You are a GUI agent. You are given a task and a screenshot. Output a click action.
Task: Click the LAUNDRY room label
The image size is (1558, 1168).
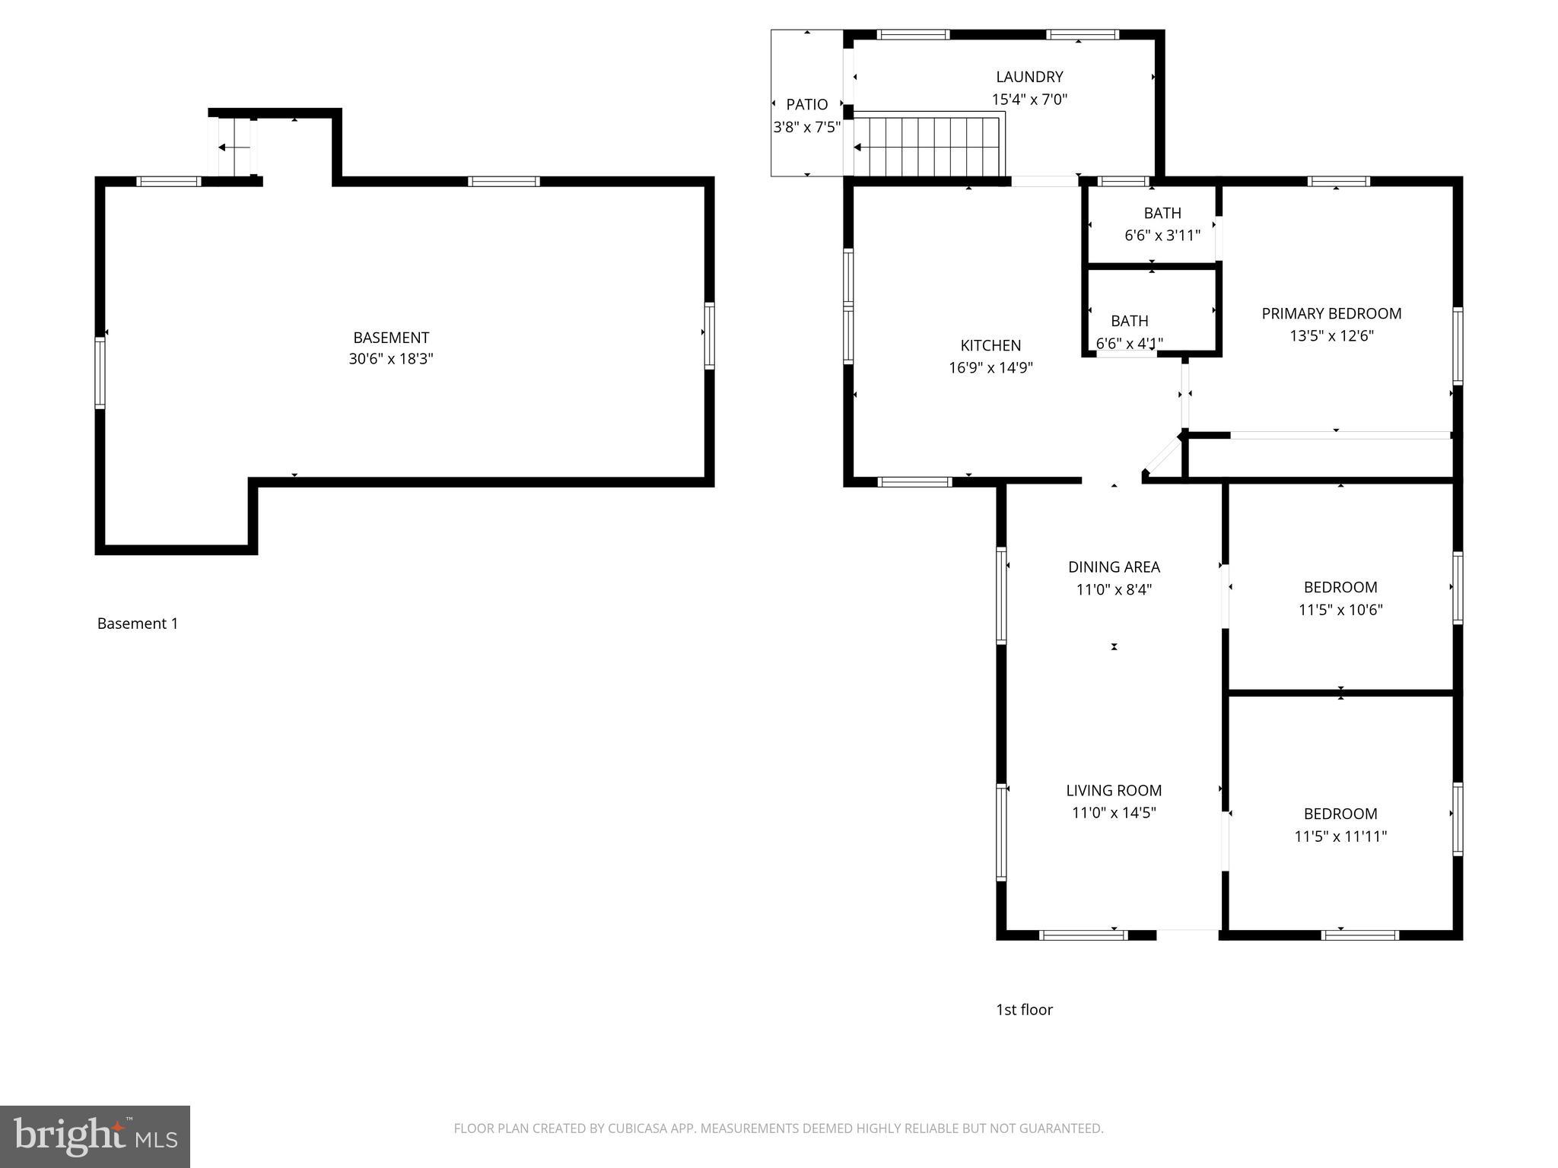click(1029, 77)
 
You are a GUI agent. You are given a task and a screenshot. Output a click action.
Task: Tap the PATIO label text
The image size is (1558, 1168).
click(806, 105)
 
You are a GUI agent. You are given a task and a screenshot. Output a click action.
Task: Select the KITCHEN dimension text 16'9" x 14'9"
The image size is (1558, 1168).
click(990, 368)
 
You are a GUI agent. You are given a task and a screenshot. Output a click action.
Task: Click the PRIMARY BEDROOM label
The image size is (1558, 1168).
click(1331, 313)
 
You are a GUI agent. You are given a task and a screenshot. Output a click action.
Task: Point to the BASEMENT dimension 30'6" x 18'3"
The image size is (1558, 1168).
click(391, 359)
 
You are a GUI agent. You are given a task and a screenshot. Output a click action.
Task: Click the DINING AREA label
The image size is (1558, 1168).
click(1114, 567)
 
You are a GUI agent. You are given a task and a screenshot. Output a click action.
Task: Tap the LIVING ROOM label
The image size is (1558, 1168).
click(1114, 790)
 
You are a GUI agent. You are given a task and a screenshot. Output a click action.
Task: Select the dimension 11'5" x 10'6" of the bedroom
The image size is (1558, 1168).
click(1340, 610)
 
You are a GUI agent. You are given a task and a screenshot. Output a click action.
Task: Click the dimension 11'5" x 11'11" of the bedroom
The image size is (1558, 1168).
click(1340, 836)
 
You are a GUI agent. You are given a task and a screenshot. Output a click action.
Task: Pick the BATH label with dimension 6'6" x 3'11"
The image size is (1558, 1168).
click(1162, 214)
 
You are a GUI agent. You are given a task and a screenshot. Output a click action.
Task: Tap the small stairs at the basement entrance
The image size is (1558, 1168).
click(234, 147)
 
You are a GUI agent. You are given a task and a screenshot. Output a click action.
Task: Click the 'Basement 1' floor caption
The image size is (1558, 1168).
click(138, 624)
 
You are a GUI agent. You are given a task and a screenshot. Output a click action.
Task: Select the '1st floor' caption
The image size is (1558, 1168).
click(1024, 1010)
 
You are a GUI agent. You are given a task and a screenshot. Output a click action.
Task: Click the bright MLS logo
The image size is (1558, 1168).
click(95, 1136)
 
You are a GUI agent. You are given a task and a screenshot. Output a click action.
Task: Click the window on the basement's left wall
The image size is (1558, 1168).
click(100, 373)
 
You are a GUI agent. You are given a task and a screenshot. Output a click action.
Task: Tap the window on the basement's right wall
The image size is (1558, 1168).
click(709, 335)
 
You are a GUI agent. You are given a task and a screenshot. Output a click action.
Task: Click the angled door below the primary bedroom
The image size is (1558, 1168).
click(1161, 458)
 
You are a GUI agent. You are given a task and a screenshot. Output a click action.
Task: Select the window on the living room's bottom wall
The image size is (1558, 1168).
click(1083, 935)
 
